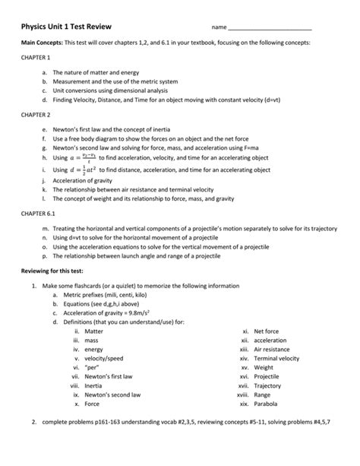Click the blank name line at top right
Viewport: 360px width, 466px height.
pyautogui.click(x=270, y=28)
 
